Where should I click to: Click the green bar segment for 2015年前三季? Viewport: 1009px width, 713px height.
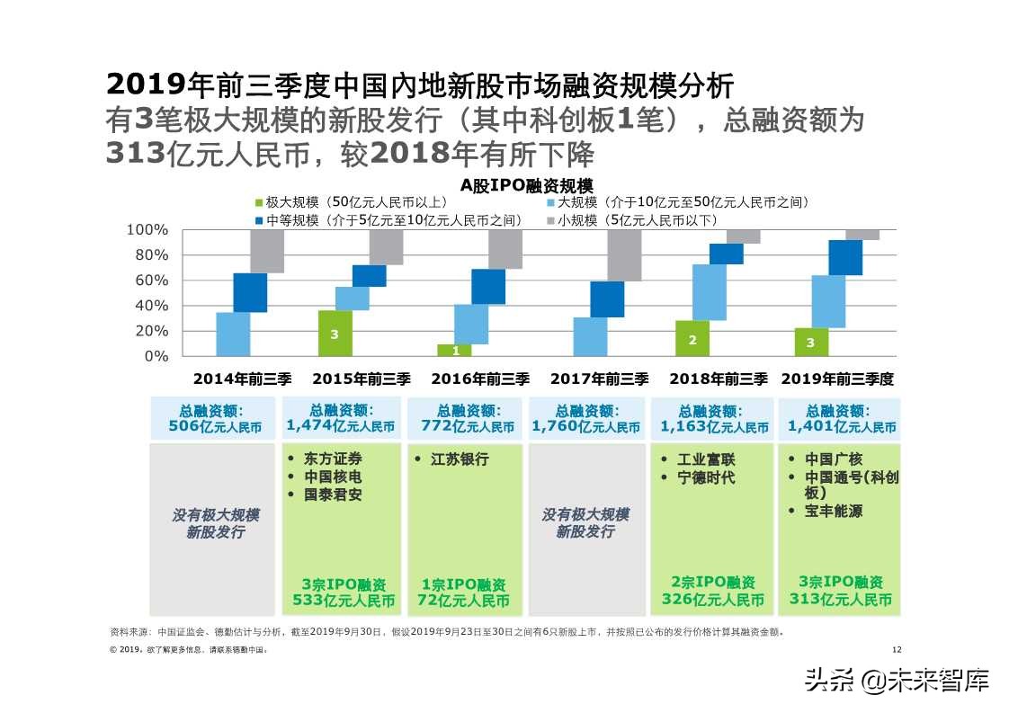[x=335, y=334]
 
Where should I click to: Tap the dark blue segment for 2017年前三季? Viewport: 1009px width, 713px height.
[x=607, y=299]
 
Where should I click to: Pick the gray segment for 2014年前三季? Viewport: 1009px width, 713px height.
[x=267, y=251]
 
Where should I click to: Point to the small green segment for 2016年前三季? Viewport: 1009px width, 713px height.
[x=454, y=351]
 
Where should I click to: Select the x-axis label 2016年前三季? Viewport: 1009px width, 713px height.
[x=480, y=379]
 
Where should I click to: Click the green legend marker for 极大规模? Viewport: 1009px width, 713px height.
[x=259, y=203]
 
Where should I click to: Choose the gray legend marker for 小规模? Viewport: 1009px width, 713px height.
[x=549, y=220]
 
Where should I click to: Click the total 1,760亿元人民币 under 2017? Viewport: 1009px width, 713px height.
[x=585, y=426]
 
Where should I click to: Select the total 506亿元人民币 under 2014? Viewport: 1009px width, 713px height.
[x=215, y=426]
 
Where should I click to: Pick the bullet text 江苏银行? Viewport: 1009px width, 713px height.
[x=460, y=459]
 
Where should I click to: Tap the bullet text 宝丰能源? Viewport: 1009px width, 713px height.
[x=833, y=511]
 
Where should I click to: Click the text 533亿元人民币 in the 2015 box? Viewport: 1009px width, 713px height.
[x=343, y=601]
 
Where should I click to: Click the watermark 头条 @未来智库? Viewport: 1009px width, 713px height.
[x=896, y=680]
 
